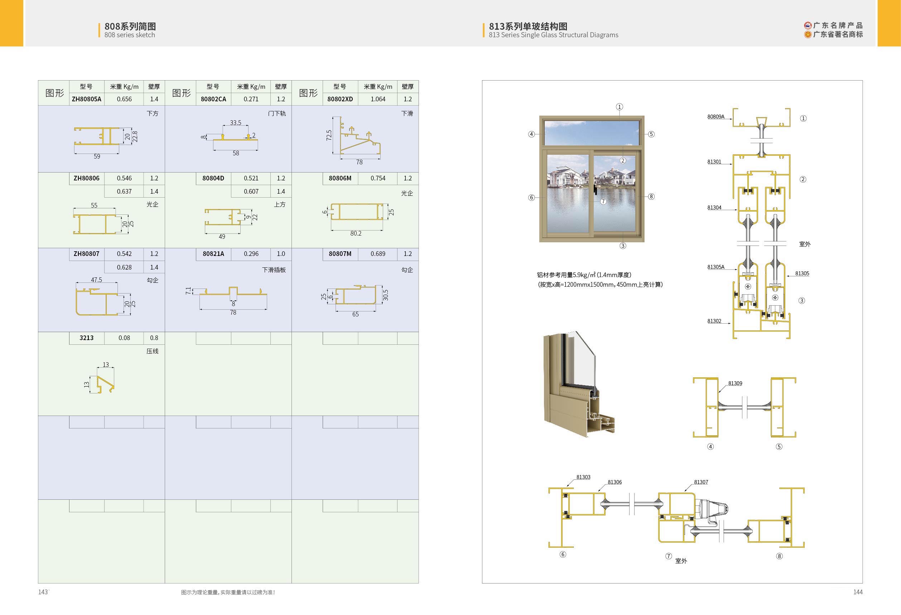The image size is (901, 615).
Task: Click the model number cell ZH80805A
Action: (86, 99)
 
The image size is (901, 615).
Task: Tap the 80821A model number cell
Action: (213, 254)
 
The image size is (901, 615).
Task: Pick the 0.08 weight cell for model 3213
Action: (124, 338)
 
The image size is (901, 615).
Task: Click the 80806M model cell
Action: (340, 178)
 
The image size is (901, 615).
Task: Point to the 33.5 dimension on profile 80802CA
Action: (235, 123)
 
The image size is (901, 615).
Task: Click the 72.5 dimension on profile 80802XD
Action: (329, 135)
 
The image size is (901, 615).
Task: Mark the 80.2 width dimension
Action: (356, 233)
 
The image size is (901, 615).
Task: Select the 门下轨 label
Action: (277, 113)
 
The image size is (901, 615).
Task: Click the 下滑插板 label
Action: (274, 270)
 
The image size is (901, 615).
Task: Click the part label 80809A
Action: (716, 117)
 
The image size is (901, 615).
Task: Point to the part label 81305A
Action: (716, 267)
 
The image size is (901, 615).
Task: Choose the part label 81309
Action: (735, 383)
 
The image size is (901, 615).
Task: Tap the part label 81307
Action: (701, 482)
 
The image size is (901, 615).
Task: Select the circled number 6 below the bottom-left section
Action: (563, 555)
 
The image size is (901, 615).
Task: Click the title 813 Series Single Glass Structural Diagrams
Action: (553, 35)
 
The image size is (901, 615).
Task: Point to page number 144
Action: (858, 592)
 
